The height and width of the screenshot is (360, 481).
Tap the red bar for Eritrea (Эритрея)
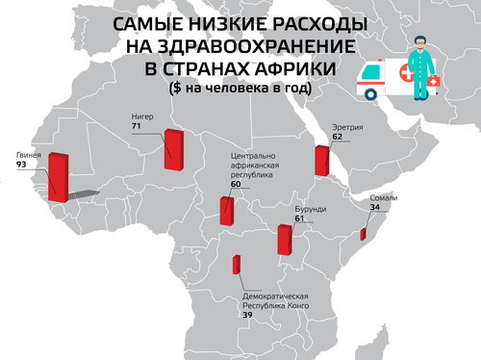pos(321,161)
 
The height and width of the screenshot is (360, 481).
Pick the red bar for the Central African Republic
pos(227,211)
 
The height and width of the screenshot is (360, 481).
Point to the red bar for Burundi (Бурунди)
pos(284,239)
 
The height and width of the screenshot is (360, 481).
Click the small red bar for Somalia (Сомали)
pos(364,233)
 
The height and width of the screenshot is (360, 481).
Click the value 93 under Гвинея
pos(21,165)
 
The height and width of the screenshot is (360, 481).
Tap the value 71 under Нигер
pos(138,126)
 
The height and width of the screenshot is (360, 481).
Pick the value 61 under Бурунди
pos(299,219)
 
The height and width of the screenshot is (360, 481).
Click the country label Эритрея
pos(346,126)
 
